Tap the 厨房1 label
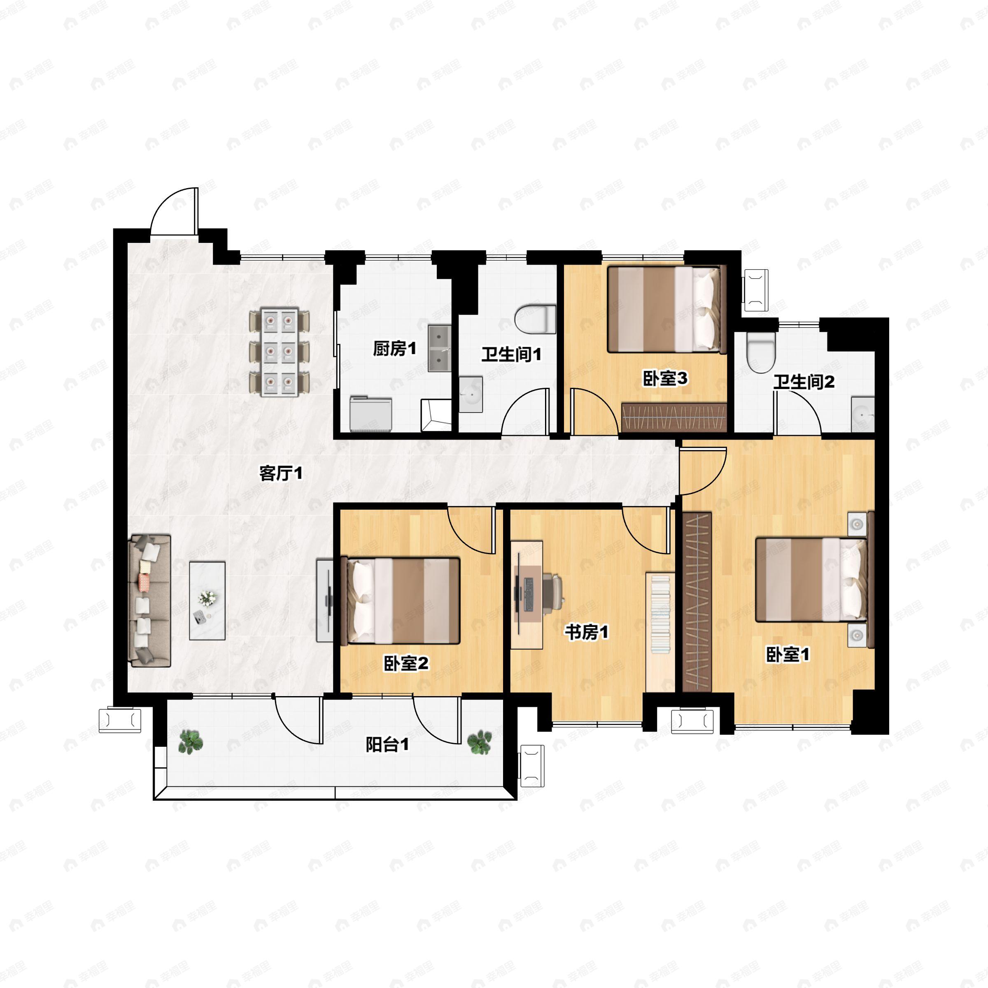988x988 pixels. [x=394, y=349]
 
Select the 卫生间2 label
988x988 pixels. [x=804, y=382]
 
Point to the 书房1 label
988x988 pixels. [x=587, y=633]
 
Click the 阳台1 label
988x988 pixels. [x=387, y=745]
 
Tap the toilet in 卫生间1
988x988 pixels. [x=535, y=319]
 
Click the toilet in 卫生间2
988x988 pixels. [x=760, y=353]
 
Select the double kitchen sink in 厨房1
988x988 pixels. [x=439, y=348]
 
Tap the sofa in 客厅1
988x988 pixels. [x=150, y=601]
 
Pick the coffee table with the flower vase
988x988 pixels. [x=207, y=601]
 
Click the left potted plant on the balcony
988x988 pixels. [x=191, y=742]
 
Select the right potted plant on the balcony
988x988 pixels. [x=480, y=742]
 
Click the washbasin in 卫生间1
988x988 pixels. [x=471, y=394]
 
